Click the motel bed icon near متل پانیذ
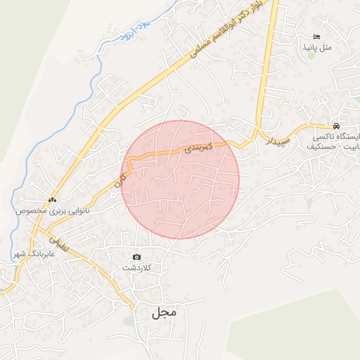pos(316,36)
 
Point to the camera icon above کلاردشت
pos(136,257)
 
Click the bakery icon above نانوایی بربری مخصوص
pos(52,200)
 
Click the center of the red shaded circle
pos(181,179)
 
